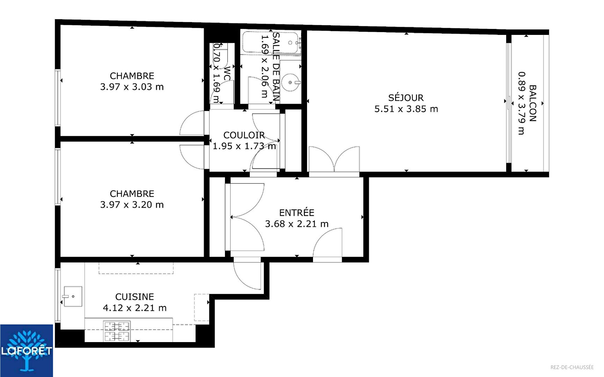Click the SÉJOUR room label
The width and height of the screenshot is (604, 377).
[406, 98]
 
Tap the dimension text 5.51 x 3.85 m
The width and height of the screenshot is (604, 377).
[406, 109]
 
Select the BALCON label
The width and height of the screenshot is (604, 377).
[532, 103]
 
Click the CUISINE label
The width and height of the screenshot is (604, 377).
[134, 297]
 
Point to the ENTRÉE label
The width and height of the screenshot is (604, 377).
[297, 213]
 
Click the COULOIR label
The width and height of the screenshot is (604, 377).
[244, 135]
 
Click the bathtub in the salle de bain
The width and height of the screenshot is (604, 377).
[271, 43]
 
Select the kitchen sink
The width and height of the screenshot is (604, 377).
[73, 296]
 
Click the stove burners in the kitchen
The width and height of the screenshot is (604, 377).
[117, 331]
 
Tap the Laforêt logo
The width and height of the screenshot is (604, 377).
[27, 350]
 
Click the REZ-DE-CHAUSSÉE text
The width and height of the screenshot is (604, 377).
[572, 367]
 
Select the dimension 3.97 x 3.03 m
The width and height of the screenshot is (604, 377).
[132, 87]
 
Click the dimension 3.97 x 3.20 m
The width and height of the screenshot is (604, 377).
[132, 205]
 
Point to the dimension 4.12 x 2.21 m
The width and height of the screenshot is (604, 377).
[134, 308]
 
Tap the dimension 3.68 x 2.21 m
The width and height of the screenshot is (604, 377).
[297, 224]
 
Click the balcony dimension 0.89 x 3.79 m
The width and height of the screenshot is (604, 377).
[521, 103]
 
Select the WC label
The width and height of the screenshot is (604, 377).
[227, 73]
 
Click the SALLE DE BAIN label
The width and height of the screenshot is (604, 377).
[276, 67]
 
